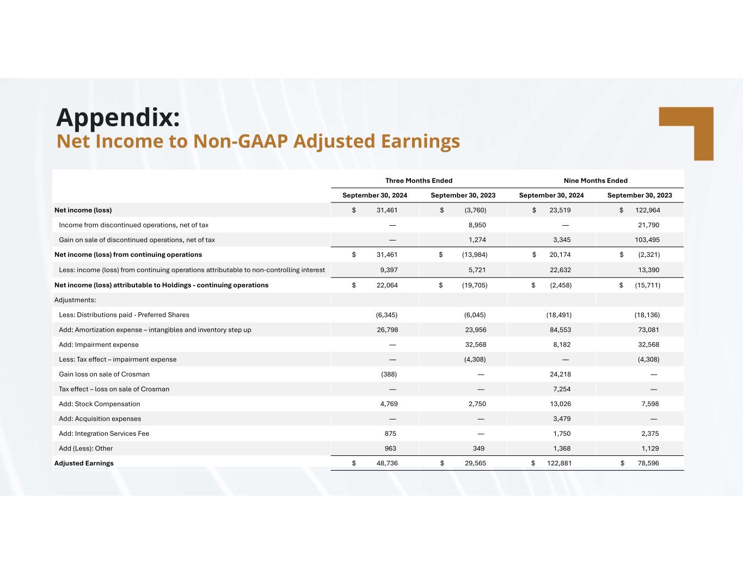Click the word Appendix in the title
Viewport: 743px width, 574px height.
click(118, 117)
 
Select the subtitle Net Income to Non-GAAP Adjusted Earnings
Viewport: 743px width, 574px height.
click(258, 141)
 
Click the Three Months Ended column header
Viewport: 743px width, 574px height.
click(419, 181)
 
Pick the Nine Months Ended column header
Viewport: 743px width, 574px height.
click(595, 181)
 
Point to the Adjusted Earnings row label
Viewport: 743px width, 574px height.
click(84, 463)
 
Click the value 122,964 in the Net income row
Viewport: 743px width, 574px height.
click(647, 210)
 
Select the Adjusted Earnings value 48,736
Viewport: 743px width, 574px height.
click(387, 463)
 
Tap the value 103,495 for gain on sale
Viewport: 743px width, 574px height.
click(647, 240)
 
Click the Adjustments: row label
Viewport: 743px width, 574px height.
click(75, 300)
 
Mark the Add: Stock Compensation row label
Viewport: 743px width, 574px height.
click(99, 404)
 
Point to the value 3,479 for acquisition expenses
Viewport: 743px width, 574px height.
click(561, 419)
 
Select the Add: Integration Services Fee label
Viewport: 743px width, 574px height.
click(103, 434)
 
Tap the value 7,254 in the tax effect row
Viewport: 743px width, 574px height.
click(561, 389)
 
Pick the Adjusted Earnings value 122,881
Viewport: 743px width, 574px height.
click(559, 463)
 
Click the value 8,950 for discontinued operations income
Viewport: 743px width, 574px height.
click(477, 225)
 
